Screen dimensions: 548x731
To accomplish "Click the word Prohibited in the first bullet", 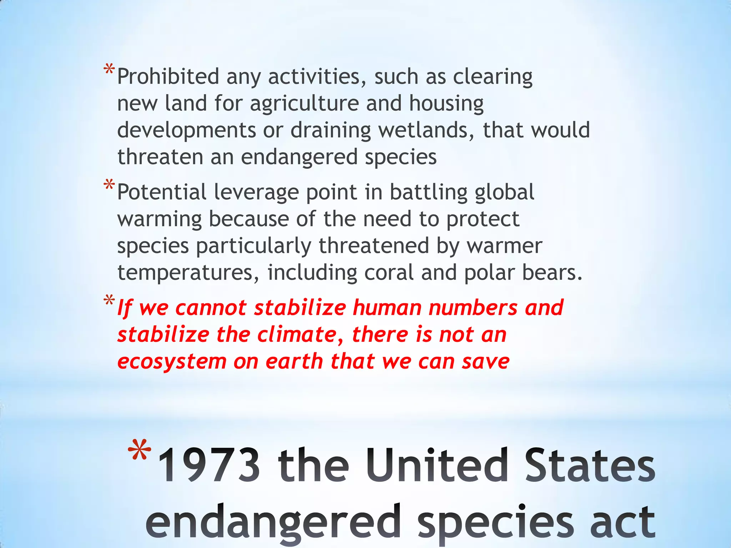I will coord(168,76).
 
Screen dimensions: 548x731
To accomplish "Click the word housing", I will coord(446,104).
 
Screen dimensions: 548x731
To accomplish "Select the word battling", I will coord(428,193).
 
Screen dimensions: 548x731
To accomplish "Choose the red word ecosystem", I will coord(172,362).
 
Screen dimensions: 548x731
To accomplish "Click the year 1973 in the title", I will coord(209,466).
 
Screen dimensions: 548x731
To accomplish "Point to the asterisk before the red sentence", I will coord(109,300).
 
